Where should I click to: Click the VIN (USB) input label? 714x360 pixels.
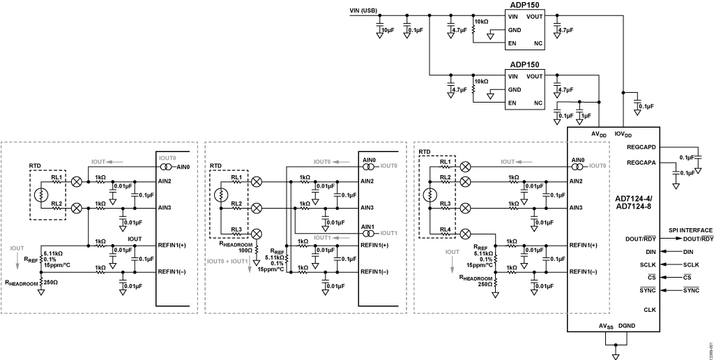pyautogui.click(x=364, y=10)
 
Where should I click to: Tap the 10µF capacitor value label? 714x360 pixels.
pyautogui.click(x=388, y=30)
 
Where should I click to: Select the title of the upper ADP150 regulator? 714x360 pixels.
pyautogui.click(x=524, y=4)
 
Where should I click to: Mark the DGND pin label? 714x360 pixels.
pyautogui.click(x=627, y=326)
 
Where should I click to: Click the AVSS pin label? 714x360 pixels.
pyautogui.click(x=605, y=326)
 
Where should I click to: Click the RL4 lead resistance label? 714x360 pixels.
pyautogui.click(x=445, y=230)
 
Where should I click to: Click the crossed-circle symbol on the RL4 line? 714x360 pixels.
pyautogui.click(x=466, y=234)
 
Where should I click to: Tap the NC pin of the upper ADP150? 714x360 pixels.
pyautogui.click(x=538, y=43)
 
